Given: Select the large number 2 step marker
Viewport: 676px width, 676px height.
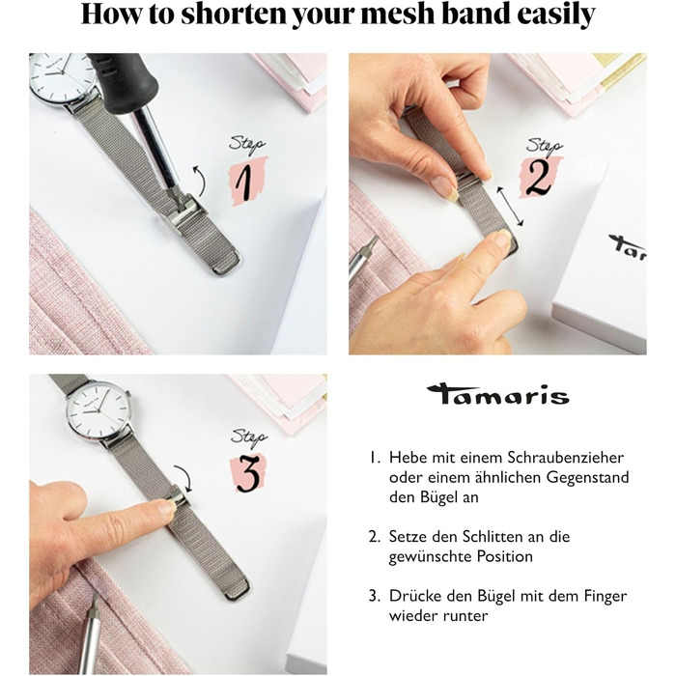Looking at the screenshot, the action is click(539, 177).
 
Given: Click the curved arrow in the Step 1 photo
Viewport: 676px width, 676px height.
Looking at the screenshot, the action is click(199, 180).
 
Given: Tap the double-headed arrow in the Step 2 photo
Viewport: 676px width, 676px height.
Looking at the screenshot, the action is click(510, 206).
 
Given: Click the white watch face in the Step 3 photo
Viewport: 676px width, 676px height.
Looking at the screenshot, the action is click(99, 408).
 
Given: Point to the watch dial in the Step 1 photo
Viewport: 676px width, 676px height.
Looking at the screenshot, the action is click(63, 75).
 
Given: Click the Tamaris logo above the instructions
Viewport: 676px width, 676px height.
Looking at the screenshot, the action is click(498, 394).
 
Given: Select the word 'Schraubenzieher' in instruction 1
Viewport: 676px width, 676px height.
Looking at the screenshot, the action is click(565, 458).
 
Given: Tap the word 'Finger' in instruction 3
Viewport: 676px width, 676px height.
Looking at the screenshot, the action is click(606, 596).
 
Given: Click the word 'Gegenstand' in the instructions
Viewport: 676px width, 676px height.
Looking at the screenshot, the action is click(587, 478).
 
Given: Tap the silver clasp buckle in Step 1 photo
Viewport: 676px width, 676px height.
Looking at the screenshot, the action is click(184, 214).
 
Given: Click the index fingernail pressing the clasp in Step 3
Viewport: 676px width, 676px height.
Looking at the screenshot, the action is click(166, 507).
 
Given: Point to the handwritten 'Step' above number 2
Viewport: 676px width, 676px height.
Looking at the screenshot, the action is click(545, 146).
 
